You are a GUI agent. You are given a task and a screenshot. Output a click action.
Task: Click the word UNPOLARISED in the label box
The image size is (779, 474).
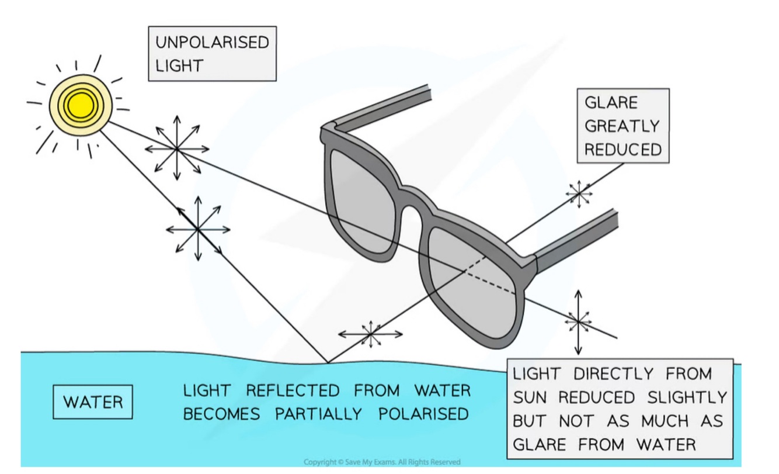coord(211,43)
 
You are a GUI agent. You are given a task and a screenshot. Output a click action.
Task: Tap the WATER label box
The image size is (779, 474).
coord(93,402)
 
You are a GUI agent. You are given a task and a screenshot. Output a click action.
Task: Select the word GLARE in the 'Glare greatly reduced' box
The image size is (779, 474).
coord(611,103)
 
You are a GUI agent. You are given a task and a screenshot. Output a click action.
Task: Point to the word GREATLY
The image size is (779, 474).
coord(622,126)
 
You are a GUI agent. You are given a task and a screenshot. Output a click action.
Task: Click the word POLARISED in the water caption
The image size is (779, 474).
coord(423,414)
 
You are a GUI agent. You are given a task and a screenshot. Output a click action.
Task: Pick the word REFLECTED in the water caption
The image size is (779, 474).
coord(293,390)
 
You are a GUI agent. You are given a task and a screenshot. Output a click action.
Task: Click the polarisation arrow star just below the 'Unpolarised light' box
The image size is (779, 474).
coord(177,150)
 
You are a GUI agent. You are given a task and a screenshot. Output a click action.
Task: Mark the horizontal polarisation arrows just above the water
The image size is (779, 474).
coord(370,334)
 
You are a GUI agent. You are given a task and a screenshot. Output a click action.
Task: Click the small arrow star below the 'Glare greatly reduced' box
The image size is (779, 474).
coord(579,193)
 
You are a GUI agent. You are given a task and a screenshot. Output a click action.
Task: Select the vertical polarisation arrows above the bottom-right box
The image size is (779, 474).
coord(578,321)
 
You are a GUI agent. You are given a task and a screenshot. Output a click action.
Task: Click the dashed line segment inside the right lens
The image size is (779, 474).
coord(491,282)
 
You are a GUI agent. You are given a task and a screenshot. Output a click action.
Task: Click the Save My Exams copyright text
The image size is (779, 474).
coord(382,462)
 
